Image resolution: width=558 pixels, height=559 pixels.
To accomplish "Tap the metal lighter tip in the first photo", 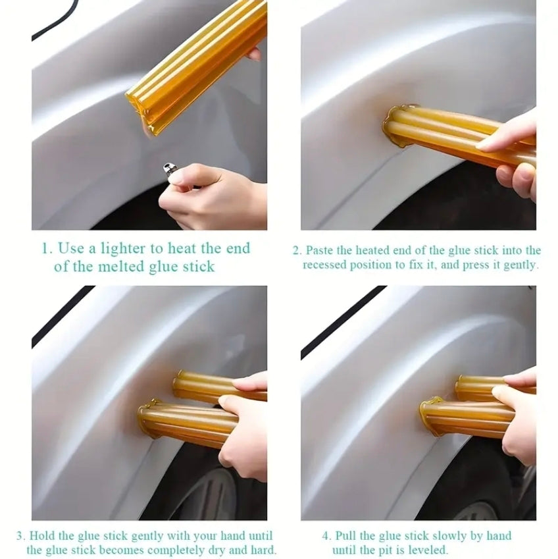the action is (x=168, y=170).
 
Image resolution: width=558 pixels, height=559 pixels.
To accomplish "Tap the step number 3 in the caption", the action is (x=20, y=536).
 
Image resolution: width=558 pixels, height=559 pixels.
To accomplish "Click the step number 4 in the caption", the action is (x=326, y=536).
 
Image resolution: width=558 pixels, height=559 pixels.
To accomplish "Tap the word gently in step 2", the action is (x=519, y=265).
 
